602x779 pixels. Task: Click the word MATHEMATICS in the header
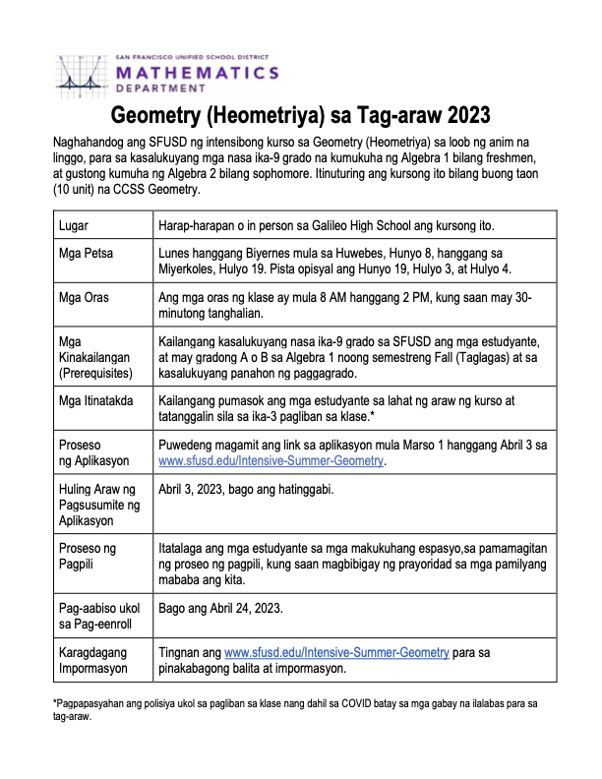(196, 73)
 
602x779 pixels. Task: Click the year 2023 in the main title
(462, 116)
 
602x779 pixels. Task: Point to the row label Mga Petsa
(87, 254)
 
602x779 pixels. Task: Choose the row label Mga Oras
(85, 298)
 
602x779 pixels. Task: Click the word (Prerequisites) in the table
(101, 373)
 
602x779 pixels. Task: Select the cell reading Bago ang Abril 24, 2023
(220, 608)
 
